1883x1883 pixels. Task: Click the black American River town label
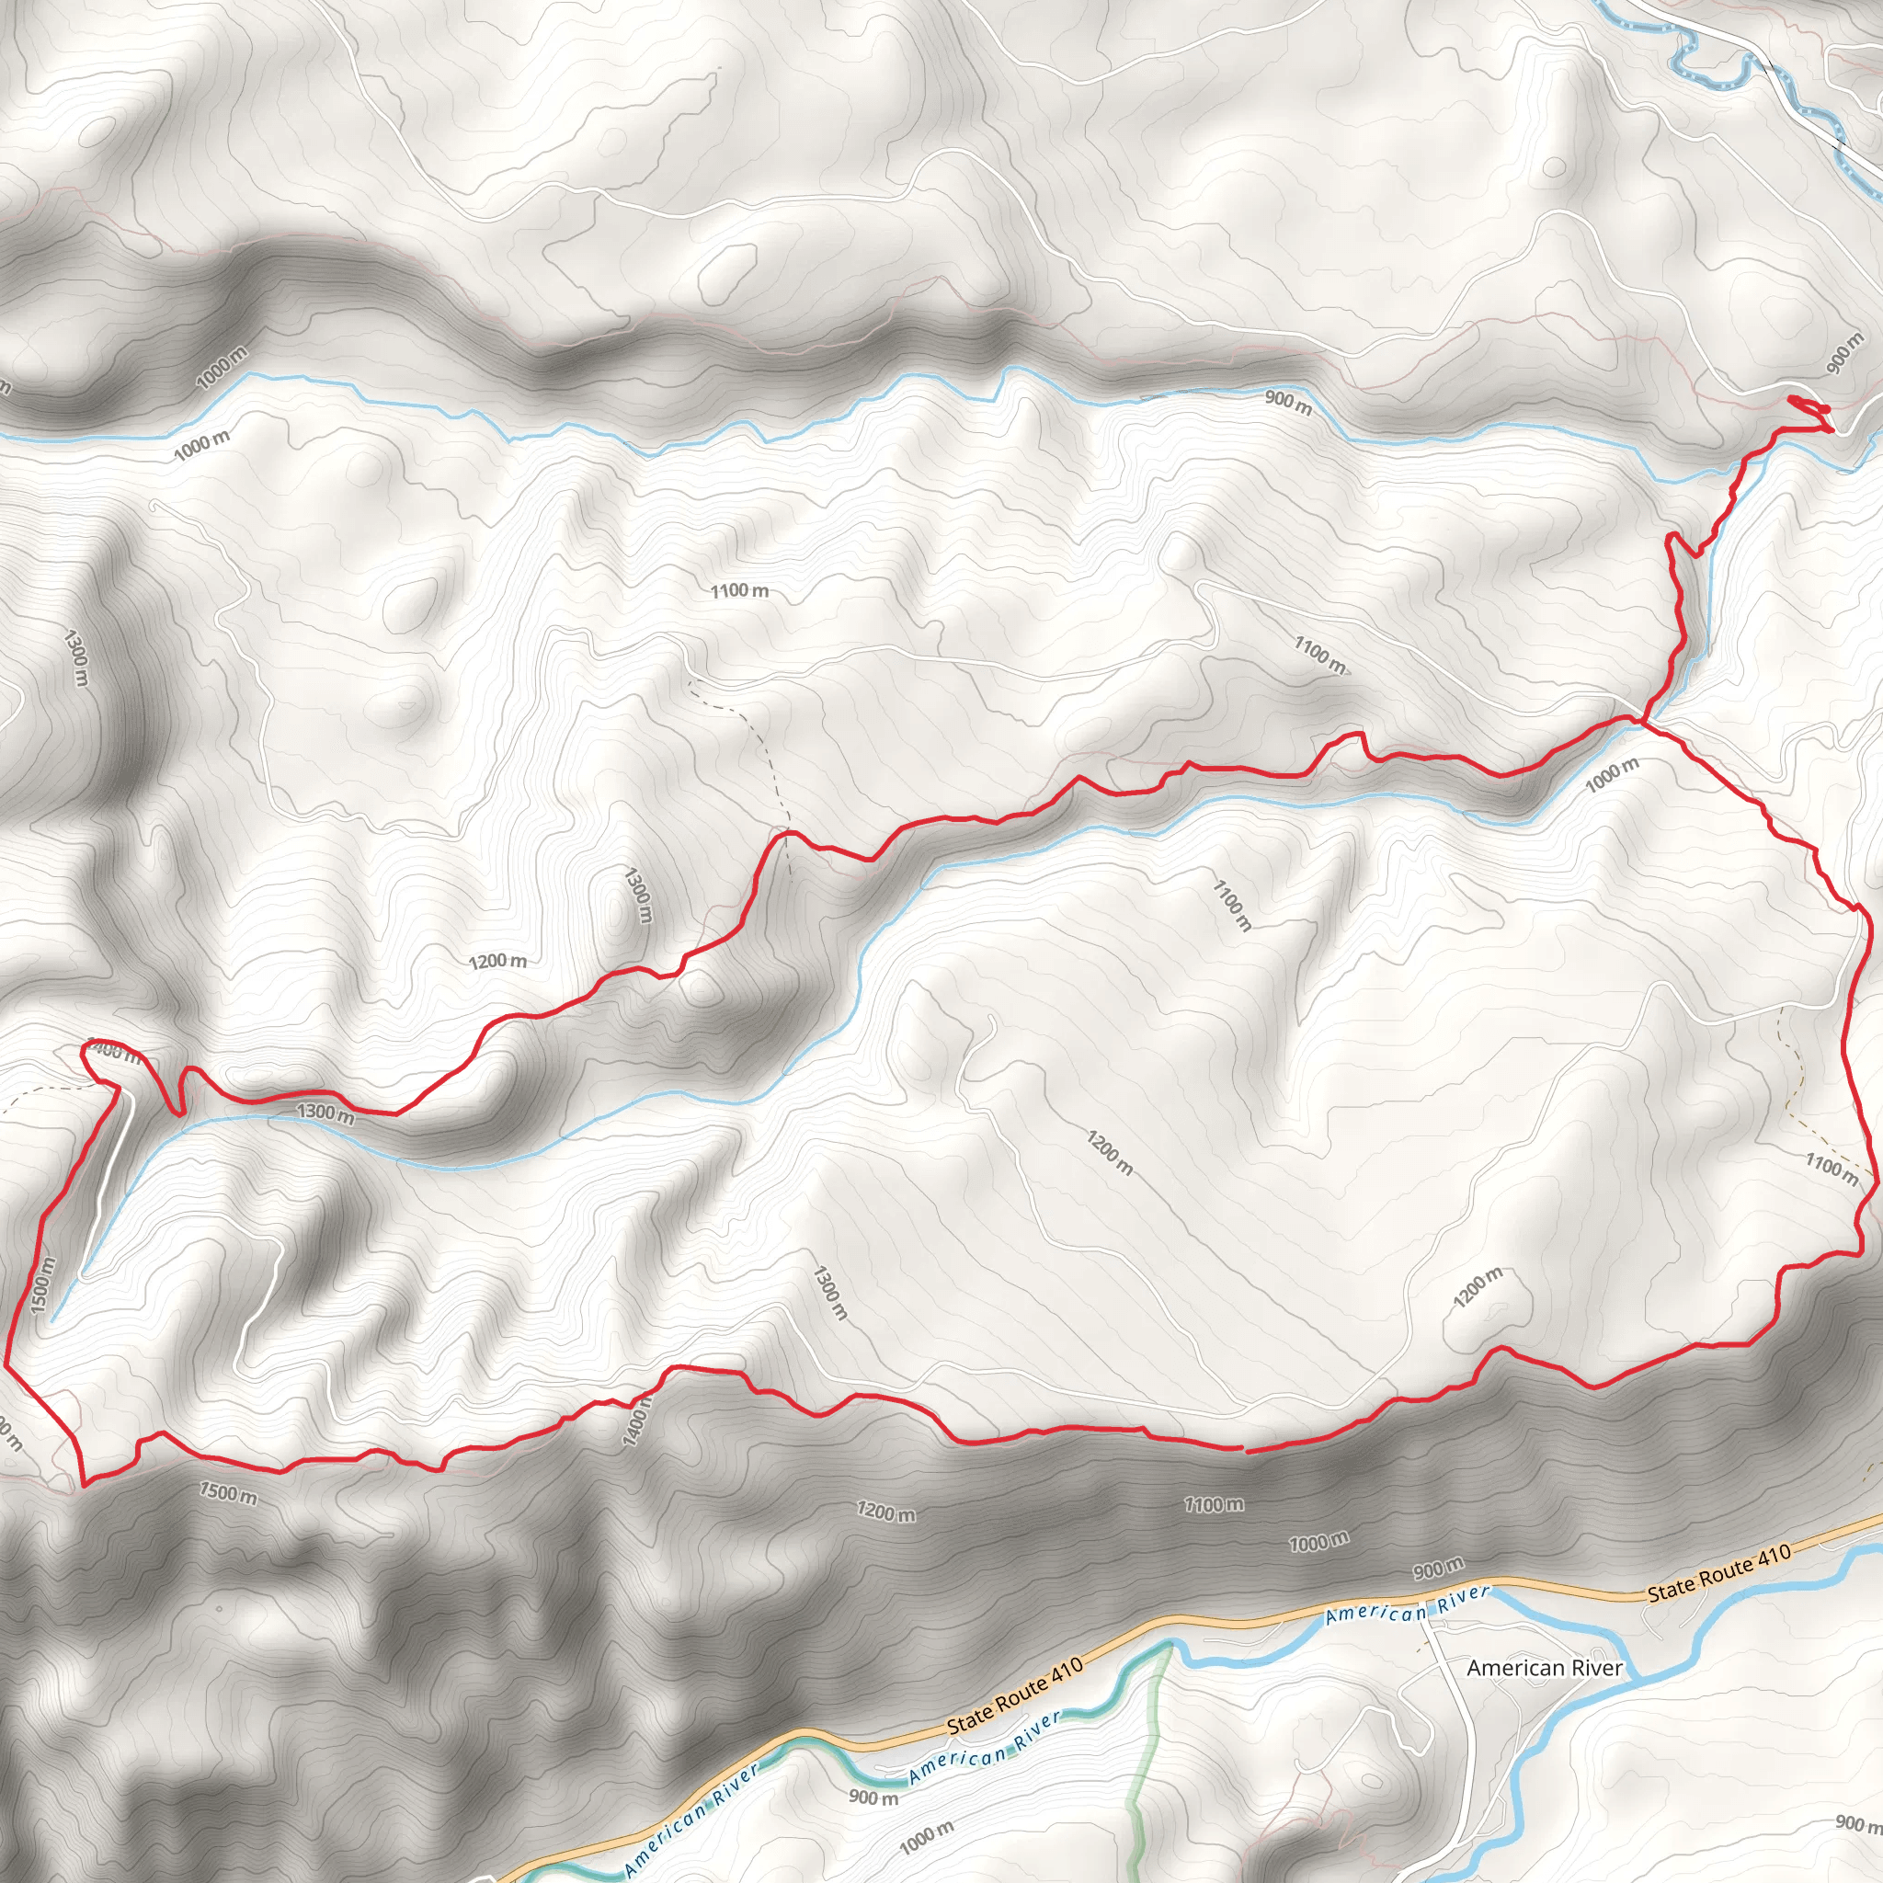(1545, 1668)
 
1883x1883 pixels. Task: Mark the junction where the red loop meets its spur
(1644, 721)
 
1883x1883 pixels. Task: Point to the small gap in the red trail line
(1245, 1450)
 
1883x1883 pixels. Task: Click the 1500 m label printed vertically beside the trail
(43, 1284)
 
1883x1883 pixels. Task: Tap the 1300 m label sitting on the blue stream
(325, 1113)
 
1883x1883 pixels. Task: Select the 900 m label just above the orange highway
(1438, 1569)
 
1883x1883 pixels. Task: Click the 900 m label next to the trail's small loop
(1843, 352)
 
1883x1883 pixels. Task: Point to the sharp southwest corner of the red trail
(84, 1484)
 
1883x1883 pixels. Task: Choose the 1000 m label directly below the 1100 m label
(1318, 1541)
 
